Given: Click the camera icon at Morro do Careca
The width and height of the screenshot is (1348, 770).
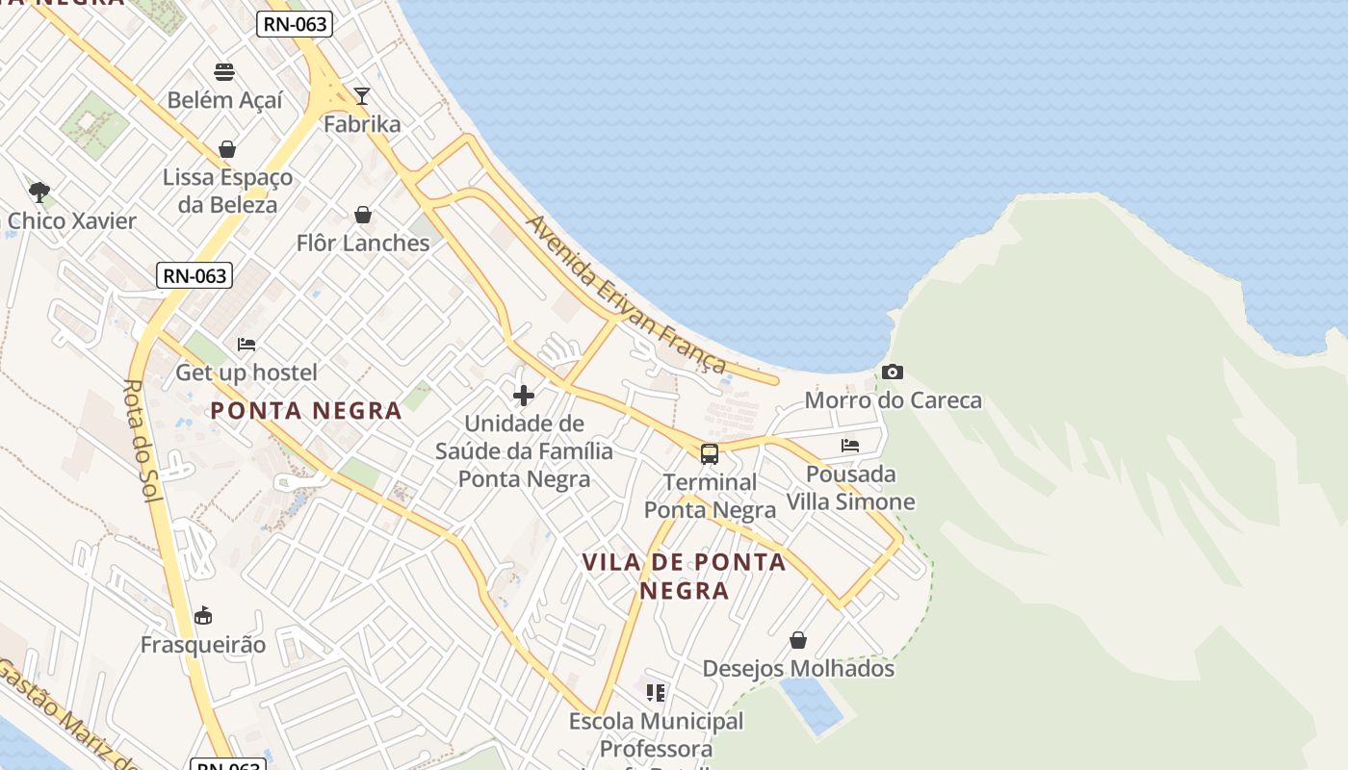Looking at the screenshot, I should point(893,372).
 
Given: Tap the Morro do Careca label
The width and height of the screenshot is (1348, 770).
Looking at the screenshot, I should point(893,399).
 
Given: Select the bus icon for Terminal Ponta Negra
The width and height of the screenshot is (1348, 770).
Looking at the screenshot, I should point(710,454).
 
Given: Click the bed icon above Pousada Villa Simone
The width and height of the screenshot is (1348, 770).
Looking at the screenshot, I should point(850,445).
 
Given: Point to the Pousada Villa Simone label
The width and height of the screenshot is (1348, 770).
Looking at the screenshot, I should point(850,488).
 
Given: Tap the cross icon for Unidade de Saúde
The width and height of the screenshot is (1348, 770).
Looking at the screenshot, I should point(524,396).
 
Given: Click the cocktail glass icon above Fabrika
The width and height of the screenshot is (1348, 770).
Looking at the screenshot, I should point(362,95).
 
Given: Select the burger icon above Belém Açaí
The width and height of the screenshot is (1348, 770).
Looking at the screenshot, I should point(225,71).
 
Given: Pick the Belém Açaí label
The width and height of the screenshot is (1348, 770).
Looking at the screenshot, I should point(225,100).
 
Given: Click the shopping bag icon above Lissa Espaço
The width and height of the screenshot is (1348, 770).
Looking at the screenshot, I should point(227,149).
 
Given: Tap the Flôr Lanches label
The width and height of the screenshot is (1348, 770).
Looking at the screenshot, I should point(363,243).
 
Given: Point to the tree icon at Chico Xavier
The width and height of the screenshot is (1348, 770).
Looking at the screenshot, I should point(39,192).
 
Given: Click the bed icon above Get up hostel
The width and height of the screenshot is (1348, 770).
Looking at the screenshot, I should point(246,344).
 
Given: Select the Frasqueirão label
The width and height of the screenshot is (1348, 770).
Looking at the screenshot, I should point(203,644).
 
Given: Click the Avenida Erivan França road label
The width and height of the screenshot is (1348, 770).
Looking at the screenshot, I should point(625,294).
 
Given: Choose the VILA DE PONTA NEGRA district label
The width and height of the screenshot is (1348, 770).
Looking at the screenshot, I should point(684,576).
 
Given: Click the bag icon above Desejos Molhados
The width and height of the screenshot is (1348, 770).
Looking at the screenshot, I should point(798,640).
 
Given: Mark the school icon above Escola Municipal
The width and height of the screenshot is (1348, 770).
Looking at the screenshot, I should point(656,693).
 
